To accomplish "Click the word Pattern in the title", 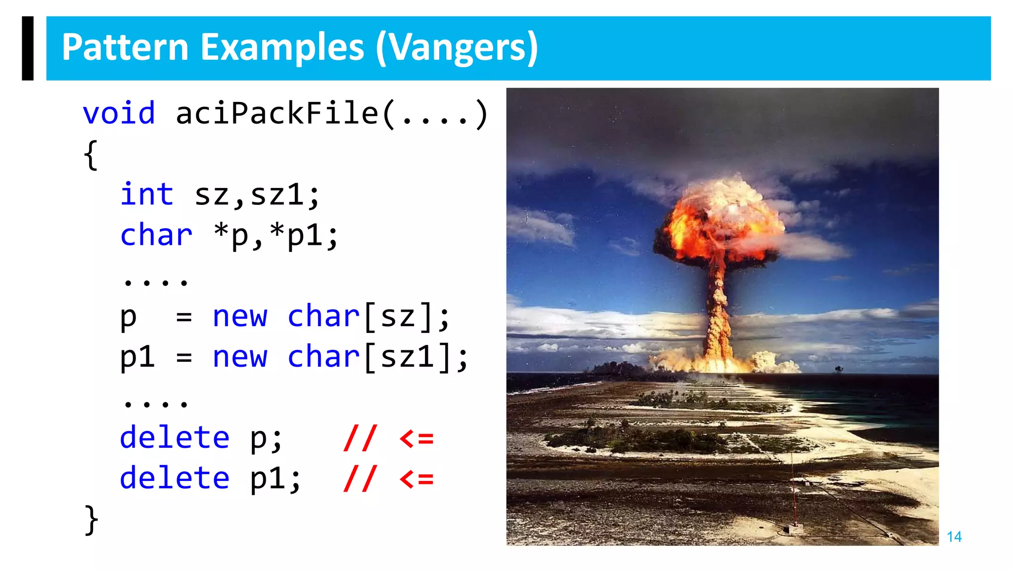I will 125,48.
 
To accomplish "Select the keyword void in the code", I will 119,113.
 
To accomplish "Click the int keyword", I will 147,194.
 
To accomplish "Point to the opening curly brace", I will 91,154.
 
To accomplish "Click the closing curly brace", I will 91,520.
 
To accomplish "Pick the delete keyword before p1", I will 175,478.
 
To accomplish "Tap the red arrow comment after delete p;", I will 389,438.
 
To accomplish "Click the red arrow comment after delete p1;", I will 389,479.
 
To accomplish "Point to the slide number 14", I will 954,537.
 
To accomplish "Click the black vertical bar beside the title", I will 28,48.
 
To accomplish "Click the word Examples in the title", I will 283,48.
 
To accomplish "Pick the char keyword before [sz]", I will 323,316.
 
